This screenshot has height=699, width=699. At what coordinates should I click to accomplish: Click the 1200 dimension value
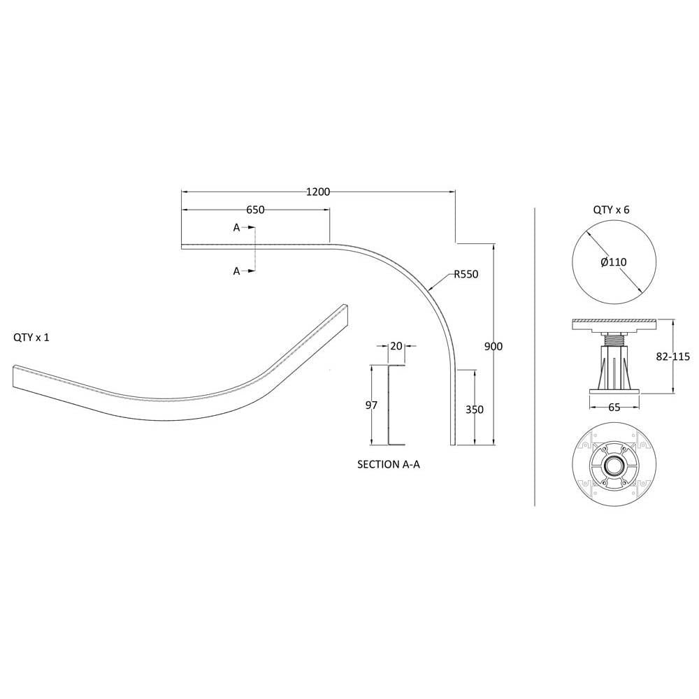(x=318, y=192)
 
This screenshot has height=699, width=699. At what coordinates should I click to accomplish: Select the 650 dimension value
(x=255, y=210)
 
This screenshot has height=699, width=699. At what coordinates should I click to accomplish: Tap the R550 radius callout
(x=466, y=274)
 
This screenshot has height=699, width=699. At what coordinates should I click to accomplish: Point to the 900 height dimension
(x=493, y=347)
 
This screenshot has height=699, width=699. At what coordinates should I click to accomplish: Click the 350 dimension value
(x=475, y=409)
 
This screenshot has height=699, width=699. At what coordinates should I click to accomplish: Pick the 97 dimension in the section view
(x=371, y=405)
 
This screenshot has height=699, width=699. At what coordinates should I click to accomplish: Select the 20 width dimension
(x=396, y=345)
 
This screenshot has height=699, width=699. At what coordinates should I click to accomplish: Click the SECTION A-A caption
(x=389, y=465)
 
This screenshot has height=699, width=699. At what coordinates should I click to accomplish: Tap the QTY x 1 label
(x=31, y=338)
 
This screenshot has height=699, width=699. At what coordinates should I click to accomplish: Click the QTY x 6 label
(x=611, y=210)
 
